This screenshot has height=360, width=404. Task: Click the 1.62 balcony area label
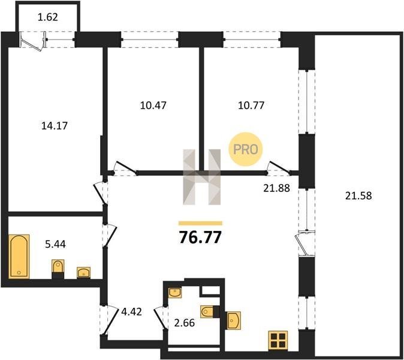tap(48, 17)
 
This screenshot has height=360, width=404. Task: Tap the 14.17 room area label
tap(55, 126)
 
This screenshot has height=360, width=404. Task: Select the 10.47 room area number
tap(153, 106)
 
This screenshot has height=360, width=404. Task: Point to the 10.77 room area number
tap(251, 106)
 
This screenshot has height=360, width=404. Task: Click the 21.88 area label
tap(276, 188)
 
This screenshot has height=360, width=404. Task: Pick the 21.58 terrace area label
tap(358, 196)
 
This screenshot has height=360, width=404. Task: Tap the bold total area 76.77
tap(200, 237)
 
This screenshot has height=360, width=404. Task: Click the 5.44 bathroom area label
tap(55, 244)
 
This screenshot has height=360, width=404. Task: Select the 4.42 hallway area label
tap(132, 312)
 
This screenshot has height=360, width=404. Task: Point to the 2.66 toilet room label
tap(185, 323)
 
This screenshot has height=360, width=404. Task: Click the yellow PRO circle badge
tap(246, 149)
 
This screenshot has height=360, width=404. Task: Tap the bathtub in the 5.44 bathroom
tap(19, 256)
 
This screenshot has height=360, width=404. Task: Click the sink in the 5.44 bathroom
tap(84, 272)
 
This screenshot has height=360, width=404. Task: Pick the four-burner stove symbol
tap(278, 340)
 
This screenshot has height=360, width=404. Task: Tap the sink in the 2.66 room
tap(175, 293)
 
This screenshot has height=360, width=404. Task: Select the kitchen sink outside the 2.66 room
tap(234, 320)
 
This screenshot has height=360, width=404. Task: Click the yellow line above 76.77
tap(200, 223)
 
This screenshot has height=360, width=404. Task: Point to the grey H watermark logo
tap(202, 177)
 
